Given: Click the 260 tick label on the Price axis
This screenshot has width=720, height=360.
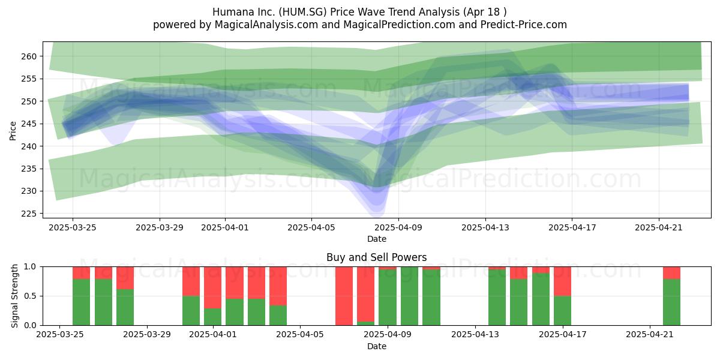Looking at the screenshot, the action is [29, 56].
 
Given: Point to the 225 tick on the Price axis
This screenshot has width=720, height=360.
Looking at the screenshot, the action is [29, 214].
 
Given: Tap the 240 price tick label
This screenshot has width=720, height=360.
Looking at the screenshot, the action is [29, 146].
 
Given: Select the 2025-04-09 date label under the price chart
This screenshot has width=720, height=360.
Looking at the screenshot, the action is [398, 227].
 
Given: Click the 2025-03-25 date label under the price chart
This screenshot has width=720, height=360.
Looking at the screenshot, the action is [73, 227].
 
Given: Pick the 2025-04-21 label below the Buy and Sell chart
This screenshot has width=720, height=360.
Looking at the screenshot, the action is [650, 335].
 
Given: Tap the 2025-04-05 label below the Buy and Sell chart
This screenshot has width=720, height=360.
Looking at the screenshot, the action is [300, 335].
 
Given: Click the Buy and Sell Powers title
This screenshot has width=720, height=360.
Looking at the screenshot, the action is [376, 257].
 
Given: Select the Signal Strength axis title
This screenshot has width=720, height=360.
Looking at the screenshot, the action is [14, 296].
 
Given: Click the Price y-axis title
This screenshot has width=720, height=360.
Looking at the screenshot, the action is [13, 131].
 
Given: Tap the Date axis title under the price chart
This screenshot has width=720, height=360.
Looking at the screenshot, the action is [377, 239].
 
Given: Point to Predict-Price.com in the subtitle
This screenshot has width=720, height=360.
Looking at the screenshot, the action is [524, 25].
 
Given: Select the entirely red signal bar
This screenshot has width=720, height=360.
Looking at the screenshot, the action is [344, 296].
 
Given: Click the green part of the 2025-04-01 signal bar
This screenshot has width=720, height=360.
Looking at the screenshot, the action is [212, 317].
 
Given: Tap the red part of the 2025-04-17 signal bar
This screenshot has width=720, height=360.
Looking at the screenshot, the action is [563, 281].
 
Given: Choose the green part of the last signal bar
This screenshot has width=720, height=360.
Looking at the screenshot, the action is [672, 302].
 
